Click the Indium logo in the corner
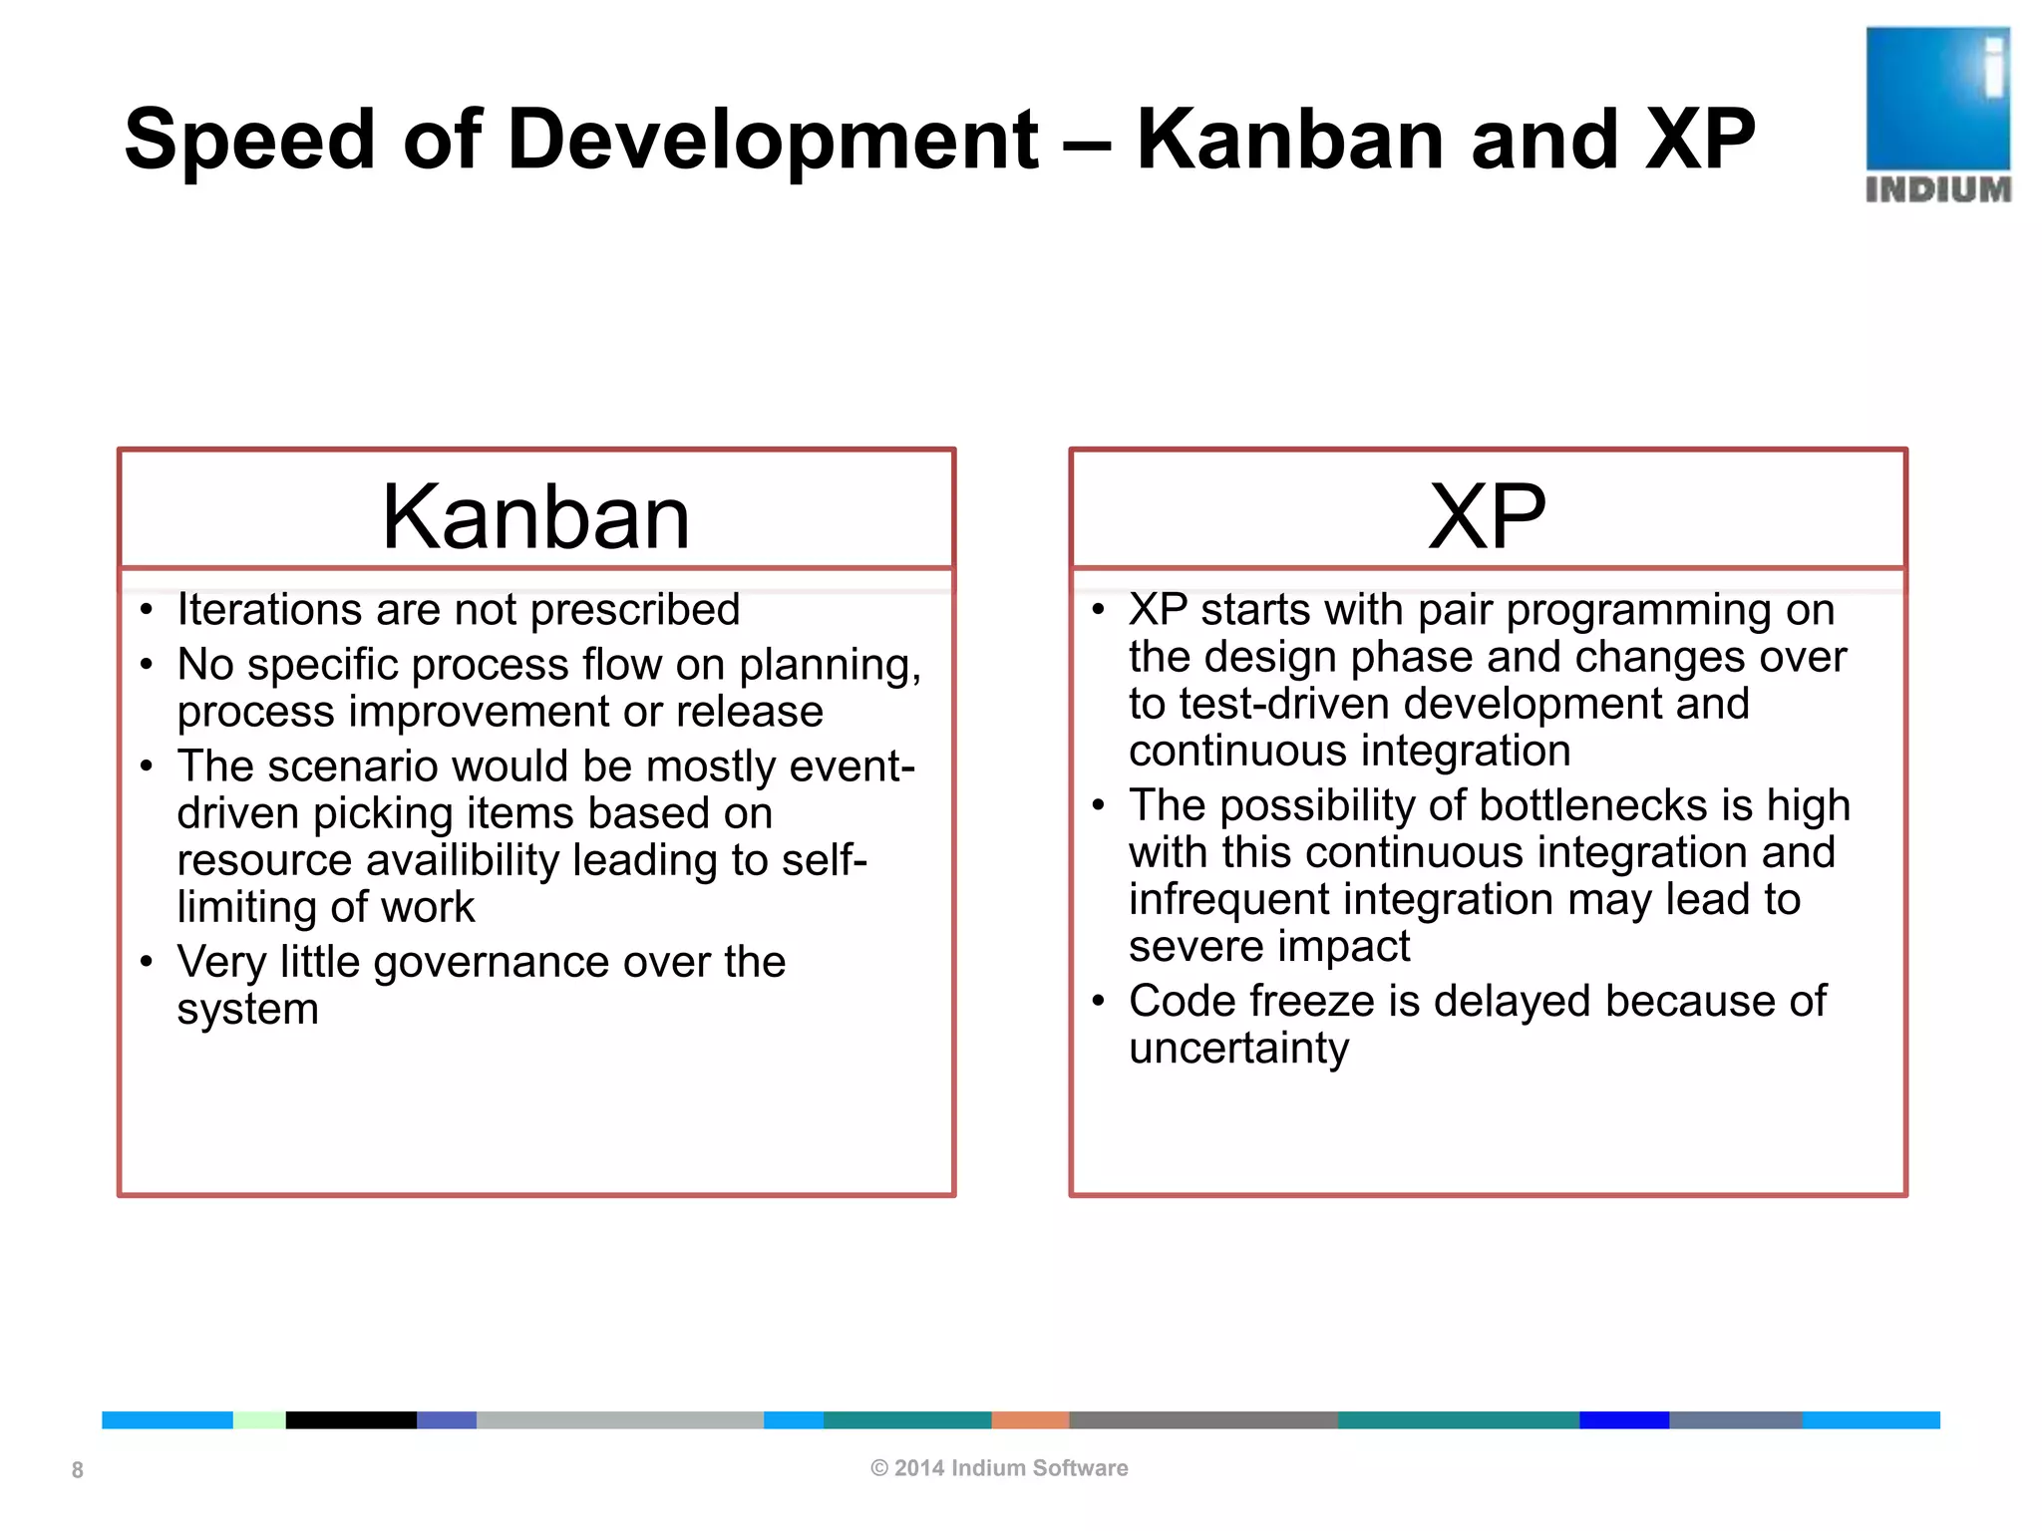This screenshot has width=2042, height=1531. [x=1937, y=114]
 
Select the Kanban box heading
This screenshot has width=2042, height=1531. [x=535, y=516]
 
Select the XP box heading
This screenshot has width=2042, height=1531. [x=1487, y=516]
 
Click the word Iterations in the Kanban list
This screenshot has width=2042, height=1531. [x=267, y=610]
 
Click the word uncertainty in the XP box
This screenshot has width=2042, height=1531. [x=1238, y=1049]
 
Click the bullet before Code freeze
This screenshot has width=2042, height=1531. [x=1099, y=1001]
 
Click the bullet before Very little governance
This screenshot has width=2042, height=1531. [x=147, y=962]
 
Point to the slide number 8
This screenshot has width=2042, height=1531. [x=77, y=1470]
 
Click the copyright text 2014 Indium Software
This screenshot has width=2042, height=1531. [x=999, y=1468]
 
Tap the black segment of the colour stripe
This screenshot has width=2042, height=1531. [x=351, y=1420]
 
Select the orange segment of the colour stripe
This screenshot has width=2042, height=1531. [x=1030, y=1420]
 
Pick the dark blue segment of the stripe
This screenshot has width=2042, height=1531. [x=1623, y=1420]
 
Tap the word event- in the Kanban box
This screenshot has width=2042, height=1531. [x=851, y=766]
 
